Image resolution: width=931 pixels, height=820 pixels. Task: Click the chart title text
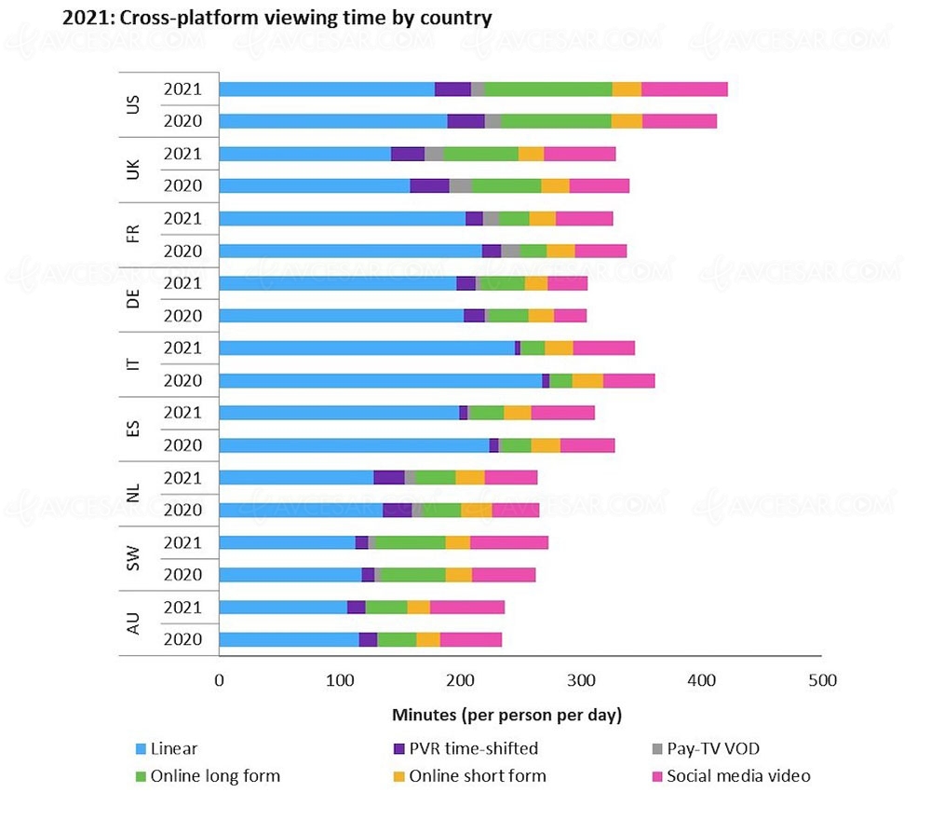(x=277, y=18)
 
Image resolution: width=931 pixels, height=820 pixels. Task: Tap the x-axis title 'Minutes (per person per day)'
(x=506, y=715)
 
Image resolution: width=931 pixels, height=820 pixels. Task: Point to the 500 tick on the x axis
(x=821, y=680)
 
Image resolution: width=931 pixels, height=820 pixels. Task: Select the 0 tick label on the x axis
(x=219, y=680)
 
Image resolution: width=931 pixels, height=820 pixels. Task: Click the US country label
(x=133, y=104)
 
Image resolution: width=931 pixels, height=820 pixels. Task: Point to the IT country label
(x=133, y=363)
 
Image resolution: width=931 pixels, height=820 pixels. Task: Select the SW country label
(x=133, y=559)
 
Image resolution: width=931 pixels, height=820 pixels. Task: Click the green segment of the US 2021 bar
(x=548, y=89)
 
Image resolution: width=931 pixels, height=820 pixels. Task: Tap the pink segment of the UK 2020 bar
(x=600, y=185)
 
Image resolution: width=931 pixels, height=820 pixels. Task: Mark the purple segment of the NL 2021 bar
(x=389, y=478)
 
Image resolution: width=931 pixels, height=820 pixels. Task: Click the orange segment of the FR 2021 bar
(x=543, y=218)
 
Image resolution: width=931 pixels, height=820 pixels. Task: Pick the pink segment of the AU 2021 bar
(x=467, y=608)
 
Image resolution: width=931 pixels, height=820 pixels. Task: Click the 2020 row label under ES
(x=183, y=445)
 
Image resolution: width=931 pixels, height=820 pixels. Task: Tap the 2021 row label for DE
(x=183, y=283)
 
